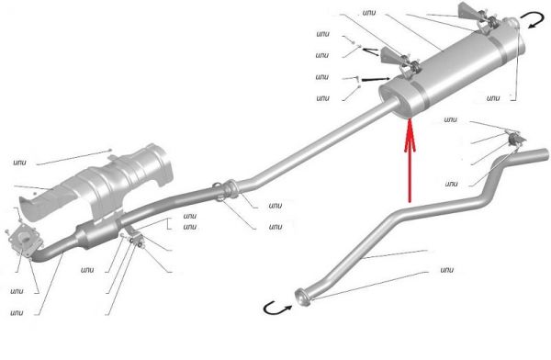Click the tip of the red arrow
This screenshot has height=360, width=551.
410,120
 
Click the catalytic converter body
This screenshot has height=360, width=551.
97,235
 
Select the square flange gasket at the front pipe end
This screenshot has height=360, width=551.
26,239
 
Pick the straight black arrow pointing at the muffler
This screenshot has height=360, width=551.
376,80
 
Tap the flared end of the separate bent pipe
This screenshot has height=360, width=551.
303,298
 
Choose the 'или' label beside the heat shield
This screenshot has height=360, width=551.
19,163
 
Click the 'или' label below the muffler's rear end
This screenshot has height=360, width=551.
492,98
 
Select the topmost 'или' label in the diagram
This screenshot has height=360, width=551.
369,13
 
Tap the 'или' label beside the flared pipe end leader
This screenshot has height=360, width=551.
446,270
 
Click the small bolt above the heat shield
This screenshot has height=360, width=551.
110,150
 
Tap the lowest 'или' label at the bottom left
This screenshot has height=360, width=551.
17,312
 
